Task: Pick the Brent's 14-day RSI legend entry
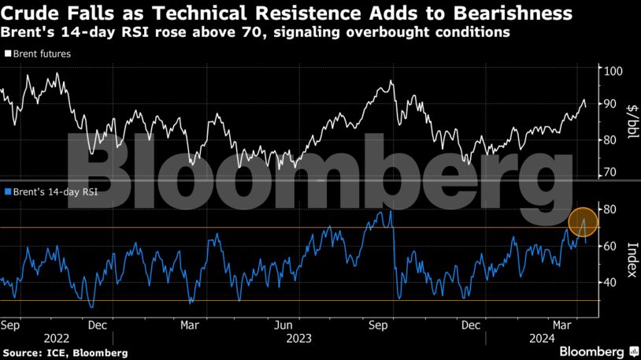point(54,191)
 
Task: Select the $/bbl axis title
point(631,122)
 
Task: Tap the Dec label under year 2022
point(98,324)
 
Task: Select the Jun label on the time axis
point(284,324)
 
